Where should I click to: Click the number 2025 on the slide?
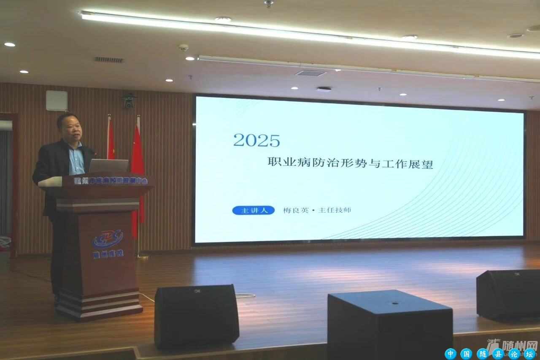click(256, 141)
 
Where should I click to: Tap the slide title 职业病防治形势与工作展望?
click(350, 163)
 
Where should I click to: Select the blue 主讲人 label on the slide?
click(253, 210)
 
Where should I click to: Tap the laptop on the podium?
click(108, 165)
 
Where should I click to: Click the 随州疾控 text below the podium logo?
click(108, 254)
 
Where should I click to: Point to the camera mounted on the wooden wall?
click(129, 100)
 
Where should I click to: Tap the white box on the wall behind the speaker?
click(57, 100)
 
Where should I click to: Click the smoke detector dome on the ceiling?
click(184, 47)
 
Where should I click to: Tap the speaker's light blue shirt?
click(76, 158)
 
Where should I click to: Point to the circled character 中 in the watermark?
click(451, 354)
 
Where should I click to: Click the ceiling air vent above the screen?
click(310, 73)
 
